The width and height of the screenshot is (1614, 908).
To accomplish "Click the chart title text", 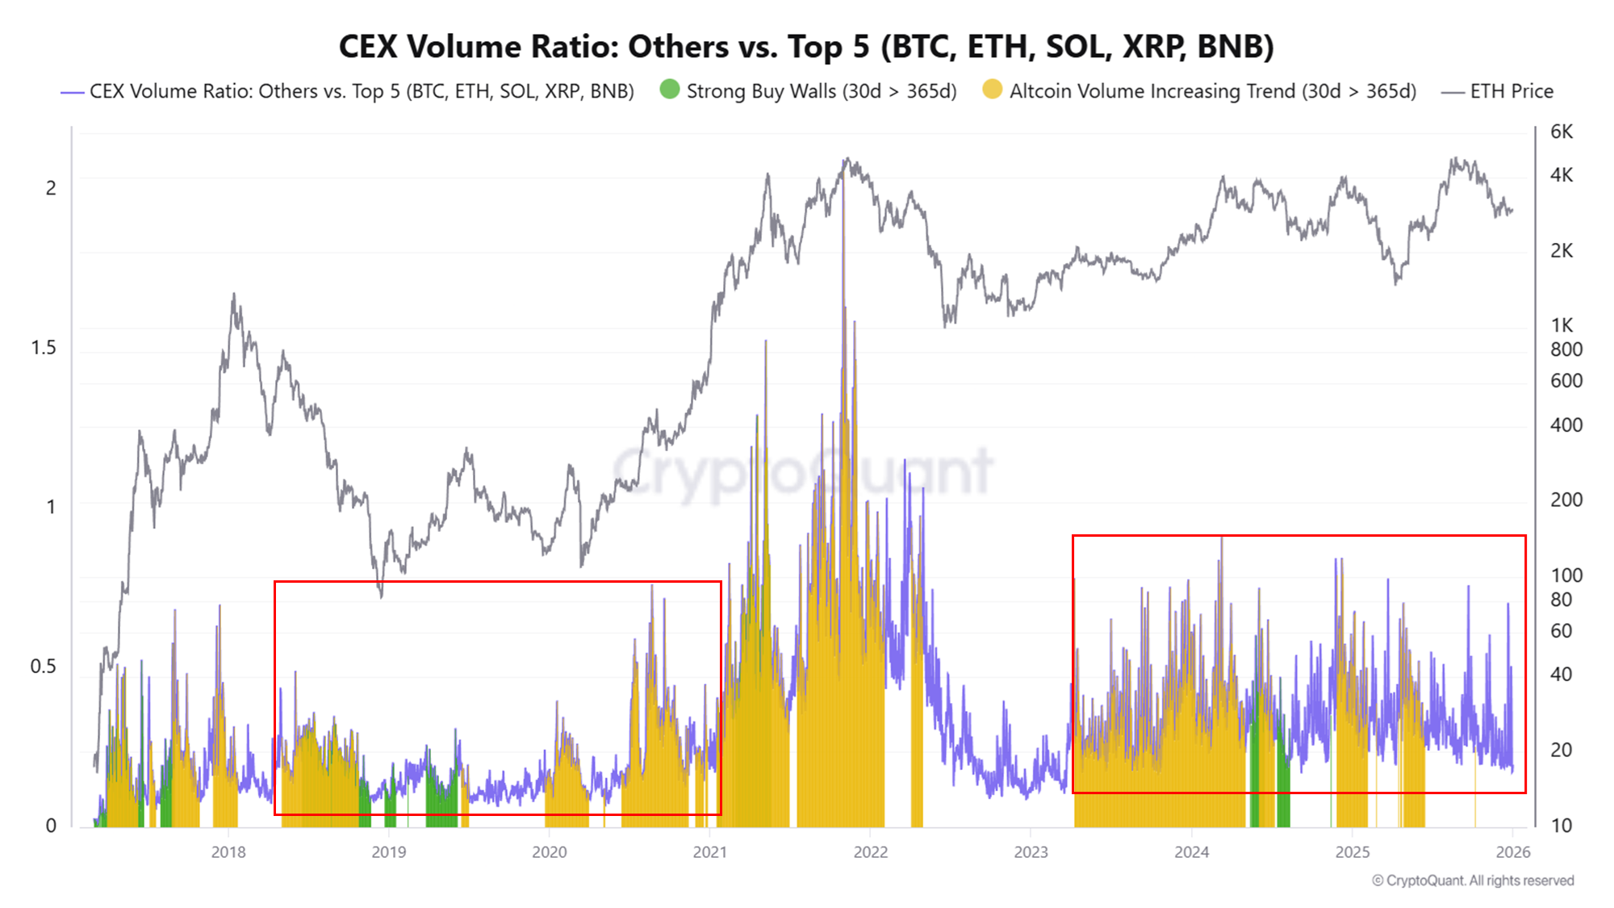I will click(805, 46).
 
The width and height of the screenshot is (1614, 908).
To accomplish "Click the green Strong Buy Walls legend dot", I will click(669, 90).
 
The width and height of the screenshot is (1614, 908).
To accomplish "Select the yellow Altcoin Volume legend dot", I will click(992, 90).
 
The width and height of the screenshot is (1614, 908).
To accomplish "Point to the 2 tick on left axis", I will click(51, 188).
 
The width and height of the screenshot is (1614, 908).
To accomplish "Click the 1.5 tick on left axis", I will click(44, 348).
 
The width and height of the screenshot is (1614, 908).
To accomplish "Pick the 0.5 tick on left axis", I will click(44, 667).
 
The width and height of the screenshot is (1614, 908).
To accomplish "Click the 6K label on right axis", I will click(1561, 132).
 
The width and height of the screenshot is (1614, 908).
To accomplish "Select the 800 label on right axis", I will click(1566, 349).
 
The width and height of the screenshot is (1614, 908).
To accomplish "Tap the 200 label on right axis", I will click(1566, 500).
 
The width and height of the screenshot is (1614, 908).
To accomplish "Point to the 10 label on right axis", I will click(1561, 826).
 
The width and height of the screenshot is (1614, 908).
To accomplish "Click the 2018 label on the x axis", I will click(228, 852).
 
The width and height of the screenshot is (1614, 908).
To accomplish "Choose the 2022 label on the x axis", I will click(870, 852).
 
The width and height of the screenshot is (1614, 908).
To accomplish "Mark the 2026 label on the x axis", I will click(1512, 852).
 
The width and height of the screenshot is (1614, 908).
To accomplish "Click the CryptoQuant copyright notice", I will click(1473, 881).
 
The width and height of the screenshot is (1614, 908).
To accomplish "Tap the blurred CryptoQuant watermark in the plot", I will click(803, 472).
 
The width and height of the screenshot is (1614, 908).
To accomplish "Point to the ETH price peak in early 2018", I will click(234, 295).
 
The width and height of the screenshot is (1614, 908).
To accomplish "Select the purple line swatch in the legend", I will click(73, 92).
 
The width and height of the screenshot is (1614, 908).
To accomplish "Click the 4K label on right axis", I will click(1561, 175).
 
